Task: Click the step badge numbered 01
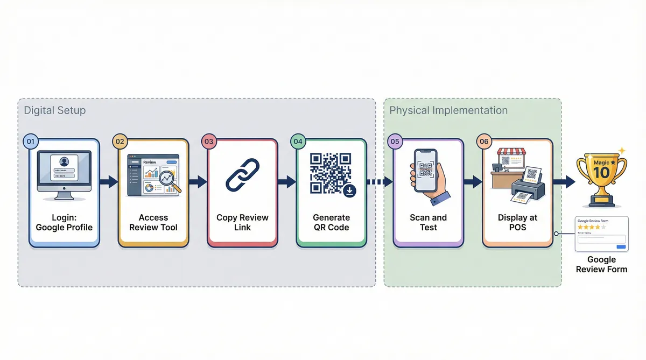click(x=31, y=142)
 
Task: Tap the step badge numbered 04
click(x=298, y=142)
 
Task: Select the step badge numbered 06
click(x=483, y=142)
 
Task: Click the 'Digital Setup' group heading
click(x=55, y=110)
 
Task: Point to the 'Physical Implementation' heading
click(x=448, y=110)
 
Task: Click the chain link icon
click(x=242, y=174)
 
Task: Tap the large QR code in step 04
click(x=330, y=172)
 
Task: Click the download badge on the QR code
click(x=349, y=190)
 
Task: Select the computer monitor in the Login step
click(x=64, y=172)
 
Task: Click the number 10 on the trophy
click(x=601, y=173)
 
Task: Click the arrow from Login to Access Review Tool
click(x=109, y=182)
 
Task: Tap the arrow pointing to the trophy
click(x=564, y=182)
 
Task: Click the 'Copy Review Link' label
click(x=242, y=222)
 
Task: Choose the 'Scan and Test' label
click(x=428, y=222)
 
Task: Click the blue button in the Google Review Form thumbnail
click(x=621, y=246)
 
